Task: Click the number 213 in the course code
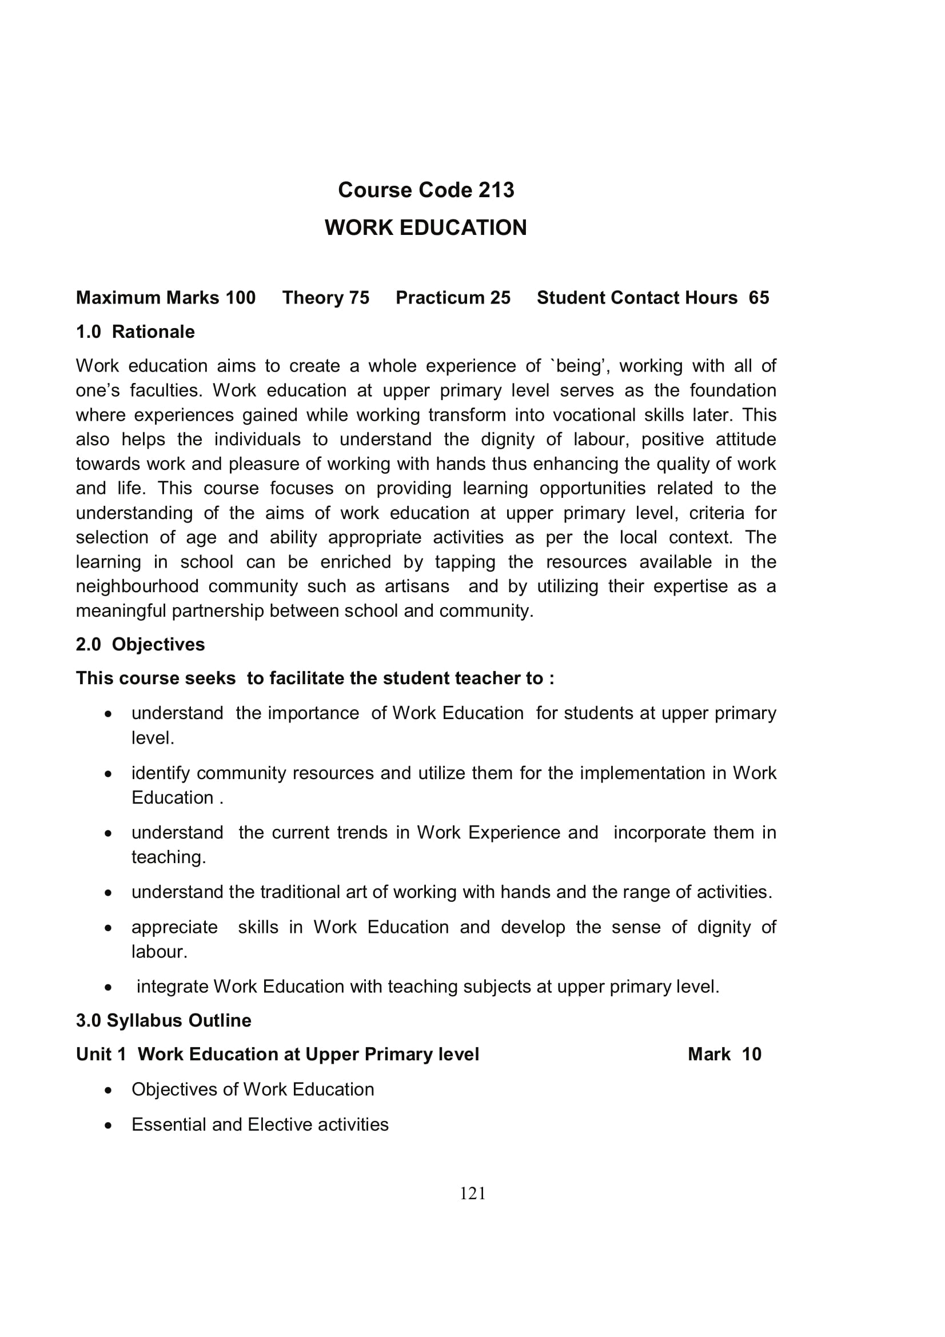pos(496,190)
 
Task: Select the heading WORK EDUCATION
pos(426,228)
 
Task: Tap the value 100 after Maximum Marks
pos(241,298)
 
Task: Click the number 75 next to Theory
pos(359,298)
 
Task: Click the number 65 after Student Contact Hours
pos(759,298)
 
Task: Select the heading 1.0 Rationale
pos(135,332)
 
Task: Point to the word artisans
pos(417,586)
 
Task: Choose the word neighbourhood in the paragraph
pos(137,586)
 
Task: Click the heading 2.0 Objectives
pos(140,645)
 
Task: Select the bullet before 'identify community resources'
pos(108,774)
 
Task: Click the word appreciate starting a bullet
pos(175,928)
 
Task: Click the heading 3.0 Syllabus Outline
pos(164,1021)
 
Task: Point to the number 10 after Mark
pos(752,1055)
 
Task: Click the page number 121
pos(472,1194)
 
